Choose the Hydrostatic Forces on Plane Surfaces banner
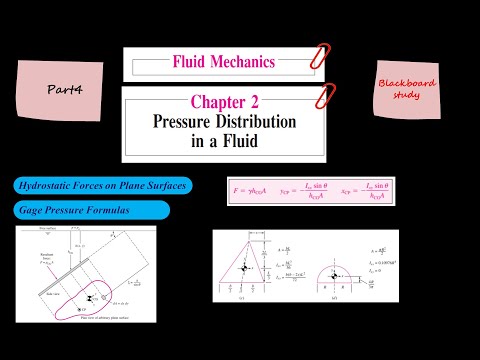pos(102,186)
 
